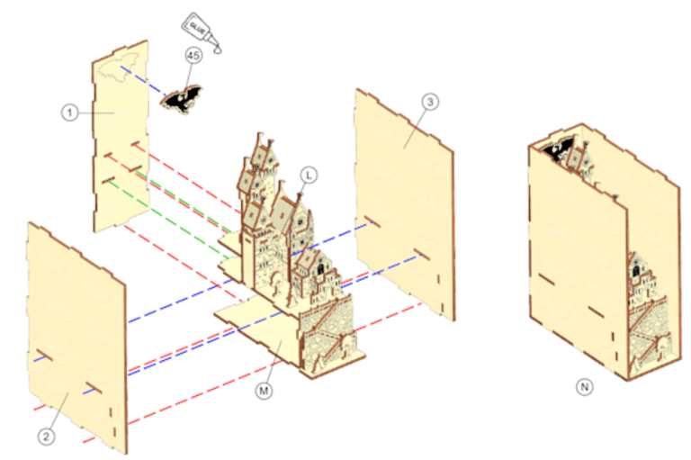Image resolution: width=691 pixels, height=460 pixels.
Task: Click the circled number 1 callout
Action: point(69,113)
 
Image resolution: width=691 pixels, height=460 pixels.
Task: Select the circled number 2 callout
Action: point(46,437)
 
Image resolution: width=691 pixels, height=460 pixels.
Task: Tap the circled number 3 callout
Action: point(430,102)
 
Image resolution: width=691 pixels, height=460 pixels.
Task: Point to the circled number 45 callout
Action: point(193,56)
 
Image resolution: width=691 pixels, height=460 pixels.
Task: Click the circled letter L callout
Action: point(309,176)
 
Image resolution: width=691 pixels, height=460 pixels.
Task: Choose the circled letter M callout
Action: point(264,391)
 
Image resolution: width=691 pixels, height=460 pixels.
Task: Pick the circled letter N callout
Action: point(584,387)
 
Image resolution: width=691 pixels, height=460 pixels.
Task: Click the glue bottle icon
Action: point(201,30)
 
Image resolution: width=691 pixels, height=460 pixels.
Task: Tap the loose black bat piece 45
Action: point(181,99)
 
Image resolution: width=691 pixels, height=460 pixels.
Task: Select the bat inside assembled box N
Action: point(558,149)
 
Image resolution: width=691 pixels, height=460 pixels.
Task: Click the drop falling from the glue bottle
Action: point(217,50)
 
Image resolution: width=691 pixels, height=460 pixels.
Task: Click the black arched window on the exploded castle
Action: point(320,268)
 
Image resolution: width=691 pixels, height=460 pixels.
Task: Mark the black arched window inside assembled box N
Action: point(636,270)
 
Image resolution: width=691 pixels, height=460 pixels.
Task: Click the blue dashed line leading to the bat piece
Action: point(144,81)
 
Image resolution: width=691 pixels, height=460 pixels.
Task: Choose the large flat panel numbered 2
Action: point(77,338)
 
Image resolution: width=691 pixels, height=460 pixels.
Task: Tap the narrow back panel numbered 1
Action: point(121,136)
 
